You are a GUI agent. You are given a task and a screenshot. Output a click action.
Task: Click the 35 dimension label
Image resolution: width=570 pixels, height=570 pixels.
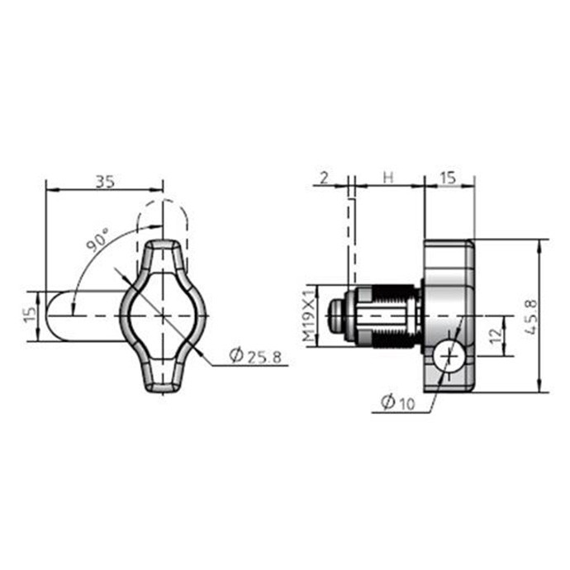(x=105, y=182)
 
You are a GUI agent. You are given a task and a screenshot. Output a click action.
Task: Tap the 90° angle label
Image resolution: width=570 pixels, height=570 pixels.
(x=97, y=240)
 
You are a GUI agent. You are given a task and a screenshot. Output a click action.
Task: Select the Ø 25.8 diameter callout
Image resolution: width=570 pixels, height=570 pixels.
(x=255, y=355)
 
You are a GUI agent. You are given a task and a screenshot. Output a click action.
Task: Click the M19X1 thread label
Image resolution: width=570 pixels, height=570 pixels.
(x=309, y=316)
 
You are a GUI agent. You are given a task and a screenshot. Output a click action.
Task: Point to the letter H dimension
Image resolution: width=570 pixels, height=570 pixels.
(x=388, y=178)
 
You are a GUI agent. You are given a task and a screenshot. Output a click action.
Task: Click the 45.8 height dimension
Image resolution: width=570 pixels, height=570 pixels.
(x=531, y=316)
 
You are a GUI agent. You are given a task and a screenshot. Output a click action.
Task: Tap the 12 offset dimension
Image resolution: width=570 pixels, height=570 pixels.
(x=496, y=336)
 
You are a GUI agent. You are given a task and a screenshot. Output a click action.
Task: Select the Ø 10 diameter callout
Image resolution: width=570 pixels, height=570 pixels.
(x=397, y=402)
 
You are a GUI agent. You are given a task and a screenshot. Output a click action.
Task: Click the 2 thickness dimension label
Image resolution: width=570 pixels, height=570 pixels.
(x=325, y=178)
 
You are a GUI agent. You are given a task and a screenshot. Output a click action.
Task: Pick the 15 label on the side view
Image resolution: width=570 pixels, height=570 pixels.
(x=448, y=178)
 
